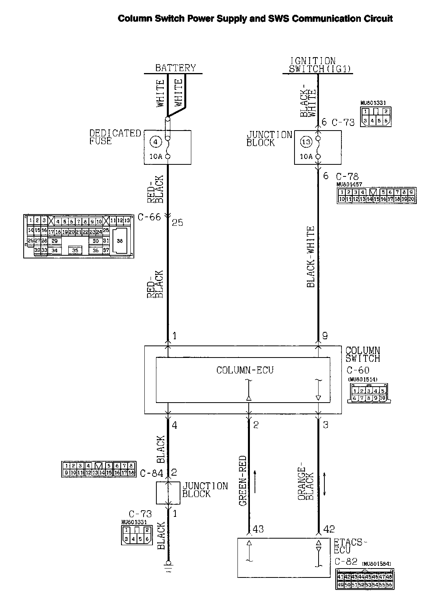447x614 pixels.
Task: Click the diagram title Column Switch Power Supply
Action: coord(255,19)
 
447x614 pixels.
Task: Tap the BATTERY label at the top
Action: coord(175,68)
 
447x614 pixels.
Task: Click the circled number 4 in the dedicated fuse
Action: coord(156,142)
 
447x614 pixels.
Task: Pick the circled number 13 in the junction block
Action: coord(306,142)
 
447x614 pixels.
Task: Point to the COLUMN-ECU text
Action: coord(245,370)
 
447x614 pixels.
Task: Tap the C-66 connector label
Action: coord(149,217)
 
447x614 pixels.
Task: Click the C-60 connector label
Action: coord(358,370)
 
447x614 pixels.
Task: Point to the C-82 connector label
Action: coord(346,562)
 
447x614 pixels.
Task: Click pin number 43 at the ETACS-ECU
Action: coord(258,529)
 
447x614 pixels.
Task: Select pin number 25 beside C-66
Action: coord(177,223)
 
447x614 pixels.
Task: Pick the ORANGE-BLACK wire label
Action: coord(305,481)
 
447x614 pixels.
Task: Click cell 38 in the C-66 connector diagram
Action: coord(120,241)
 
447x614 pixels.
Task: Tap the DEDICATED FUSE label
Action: coord(115,137)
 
